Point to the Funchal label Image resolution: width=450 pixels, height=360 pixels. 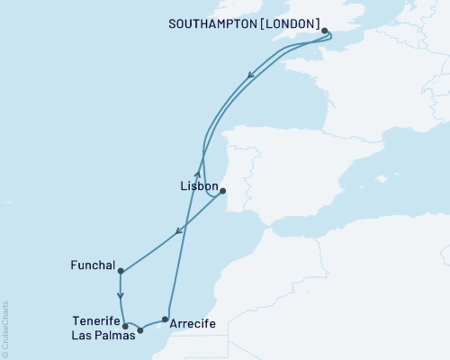pos(92,265)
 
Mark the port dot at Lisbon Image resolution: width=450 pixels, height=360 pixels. pos(222,190)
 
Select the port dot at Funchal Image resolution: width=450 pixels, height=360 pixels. pos(120,271)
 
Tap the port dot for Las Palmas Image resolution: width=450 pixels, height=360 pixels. pos(139,330)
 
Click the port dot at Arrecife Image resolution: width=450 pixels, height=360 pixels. pos(164,319)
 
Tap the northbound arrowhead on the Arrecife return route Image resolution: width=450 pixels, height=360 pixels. pos(196,166)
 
